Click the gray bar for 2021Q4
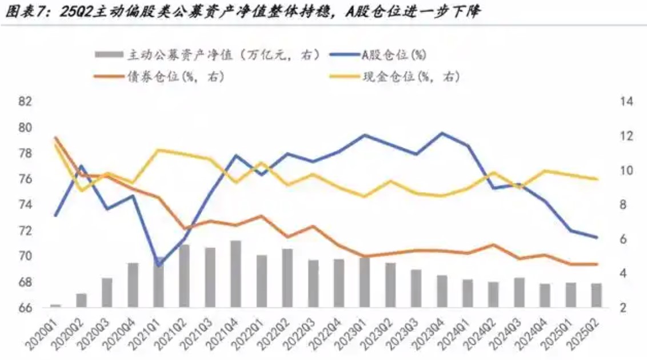(x=235, y=274)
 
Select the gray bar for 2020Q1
(x=55, y=306)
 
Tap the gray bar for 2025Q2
(x=597, y=295)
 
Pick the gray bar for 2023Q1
(x=364, y=283)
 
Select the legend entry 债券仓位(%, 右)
(x=175, y=77)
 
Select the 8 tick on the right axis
(x=624, y=205)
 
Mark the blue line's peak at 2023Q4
(x=442, y=133)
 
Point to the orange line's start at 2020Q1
(x=55, y=138)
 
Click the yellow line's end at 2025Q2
(x=597, y=179)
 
